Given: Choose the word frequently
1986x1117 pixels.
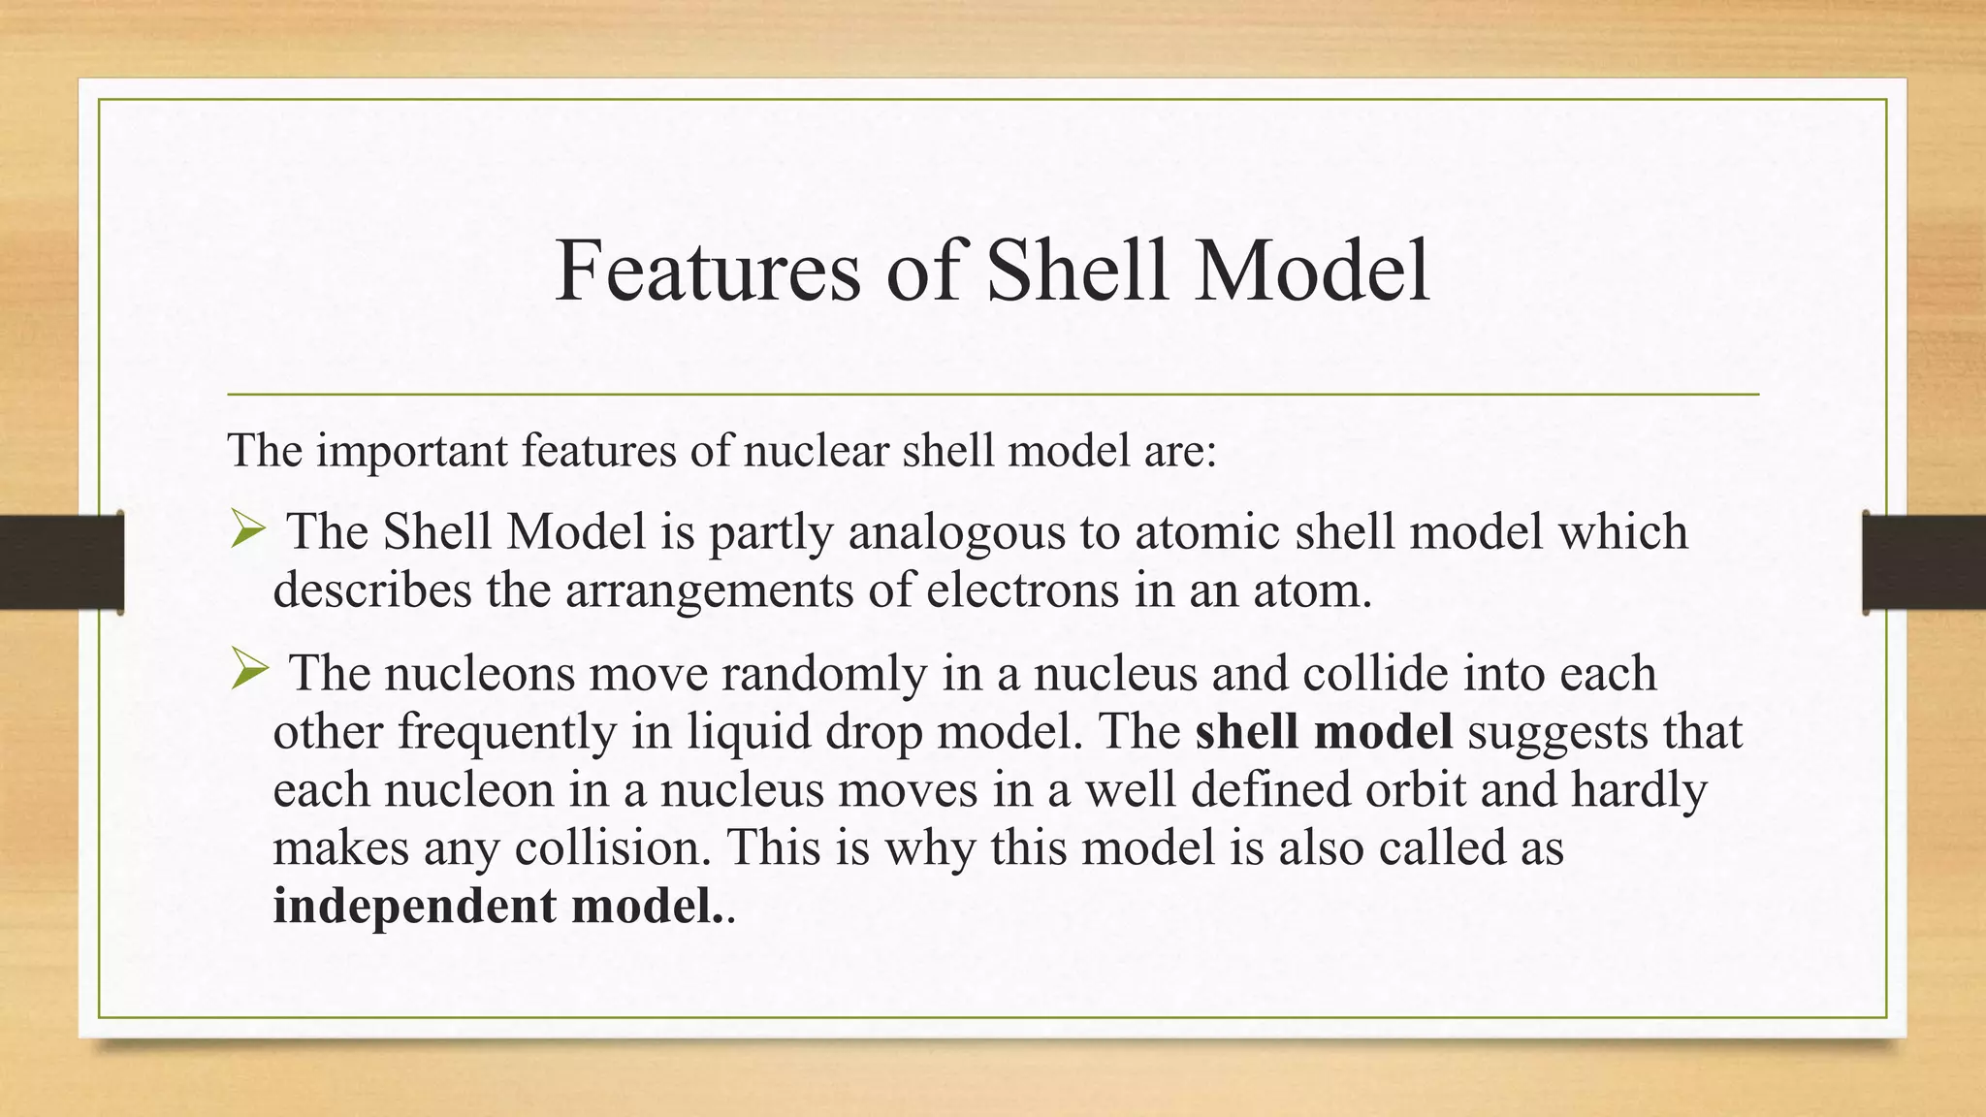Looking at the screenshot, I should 507,731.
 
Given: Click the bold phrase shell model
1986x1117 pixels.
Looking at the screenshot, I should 1324,731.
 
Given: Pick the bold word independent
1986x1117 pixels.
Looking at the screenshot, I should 414,906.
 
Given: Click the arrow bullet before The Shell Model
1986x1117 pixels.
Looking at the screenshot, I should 248,530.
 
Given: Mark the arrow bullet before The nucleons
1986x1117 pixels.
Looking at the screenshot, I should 248,671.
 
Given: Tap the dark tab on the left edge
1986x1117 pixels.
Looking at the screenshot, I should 61,562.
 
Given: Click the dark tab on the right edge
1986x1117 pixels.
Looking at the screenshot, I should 1924,562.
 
